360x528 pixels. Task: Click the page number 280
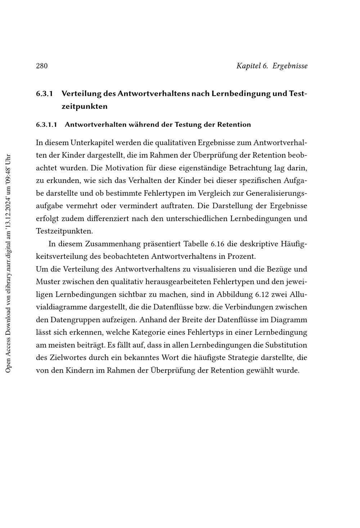point(42,66)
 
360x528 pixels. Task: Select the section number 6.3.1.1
point(46,125)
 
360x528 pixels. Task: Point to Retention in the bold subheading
point(234,125)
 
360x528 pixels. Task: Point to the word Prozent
point(241,257)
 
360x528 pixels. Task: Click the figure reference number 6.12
point(262,295)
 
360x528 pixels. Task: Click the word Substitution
point(286,345)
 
